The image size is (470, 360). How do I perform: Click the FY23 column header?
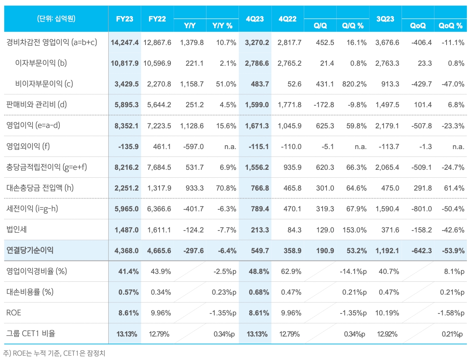tap(125, 19)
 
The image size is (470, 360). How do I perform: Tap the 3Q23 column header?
tap(385, 19)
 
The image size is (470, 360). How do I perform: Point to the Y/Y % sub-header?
tap(222, 26)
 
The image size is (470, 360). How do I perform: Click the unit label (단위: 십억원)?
tap(56, 19)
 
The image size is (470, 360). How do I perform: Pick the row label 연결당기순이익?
tap(30, 250)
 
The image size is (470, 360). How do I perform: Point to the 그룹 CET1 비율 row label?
tap(31, 334)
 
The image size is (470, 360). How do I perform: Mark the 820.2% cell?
tap(354, 84)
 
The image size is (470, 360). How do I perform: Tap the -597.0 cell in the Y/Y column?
tap(194, 146)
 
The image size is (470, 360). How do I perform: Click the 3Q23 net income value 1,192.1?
tap(387, 250)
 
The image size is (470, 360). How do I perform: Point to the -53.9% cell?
tap(452, 250)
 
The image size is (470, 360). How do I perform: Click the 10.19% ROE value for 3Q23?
tap(387, 313)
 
